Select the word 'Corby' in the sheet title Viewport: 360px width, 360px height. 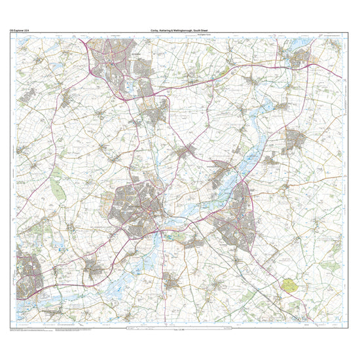[155, 30]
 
